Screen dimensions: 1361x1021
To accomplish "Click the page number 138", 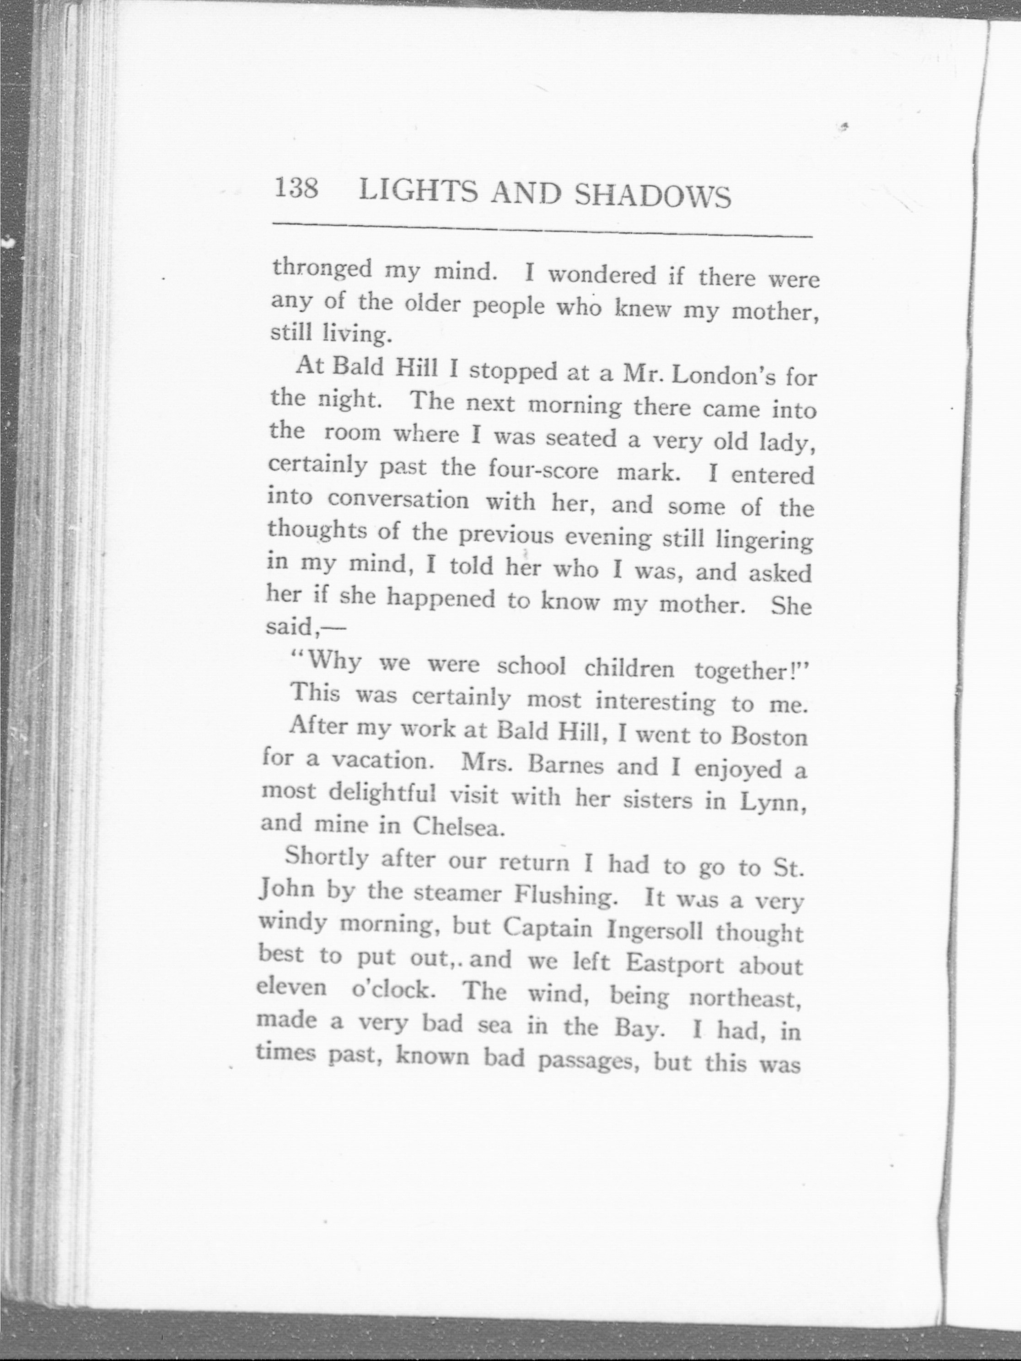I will point(296,188).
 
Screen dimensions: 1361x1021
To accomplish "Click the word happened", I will point(441,599).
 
